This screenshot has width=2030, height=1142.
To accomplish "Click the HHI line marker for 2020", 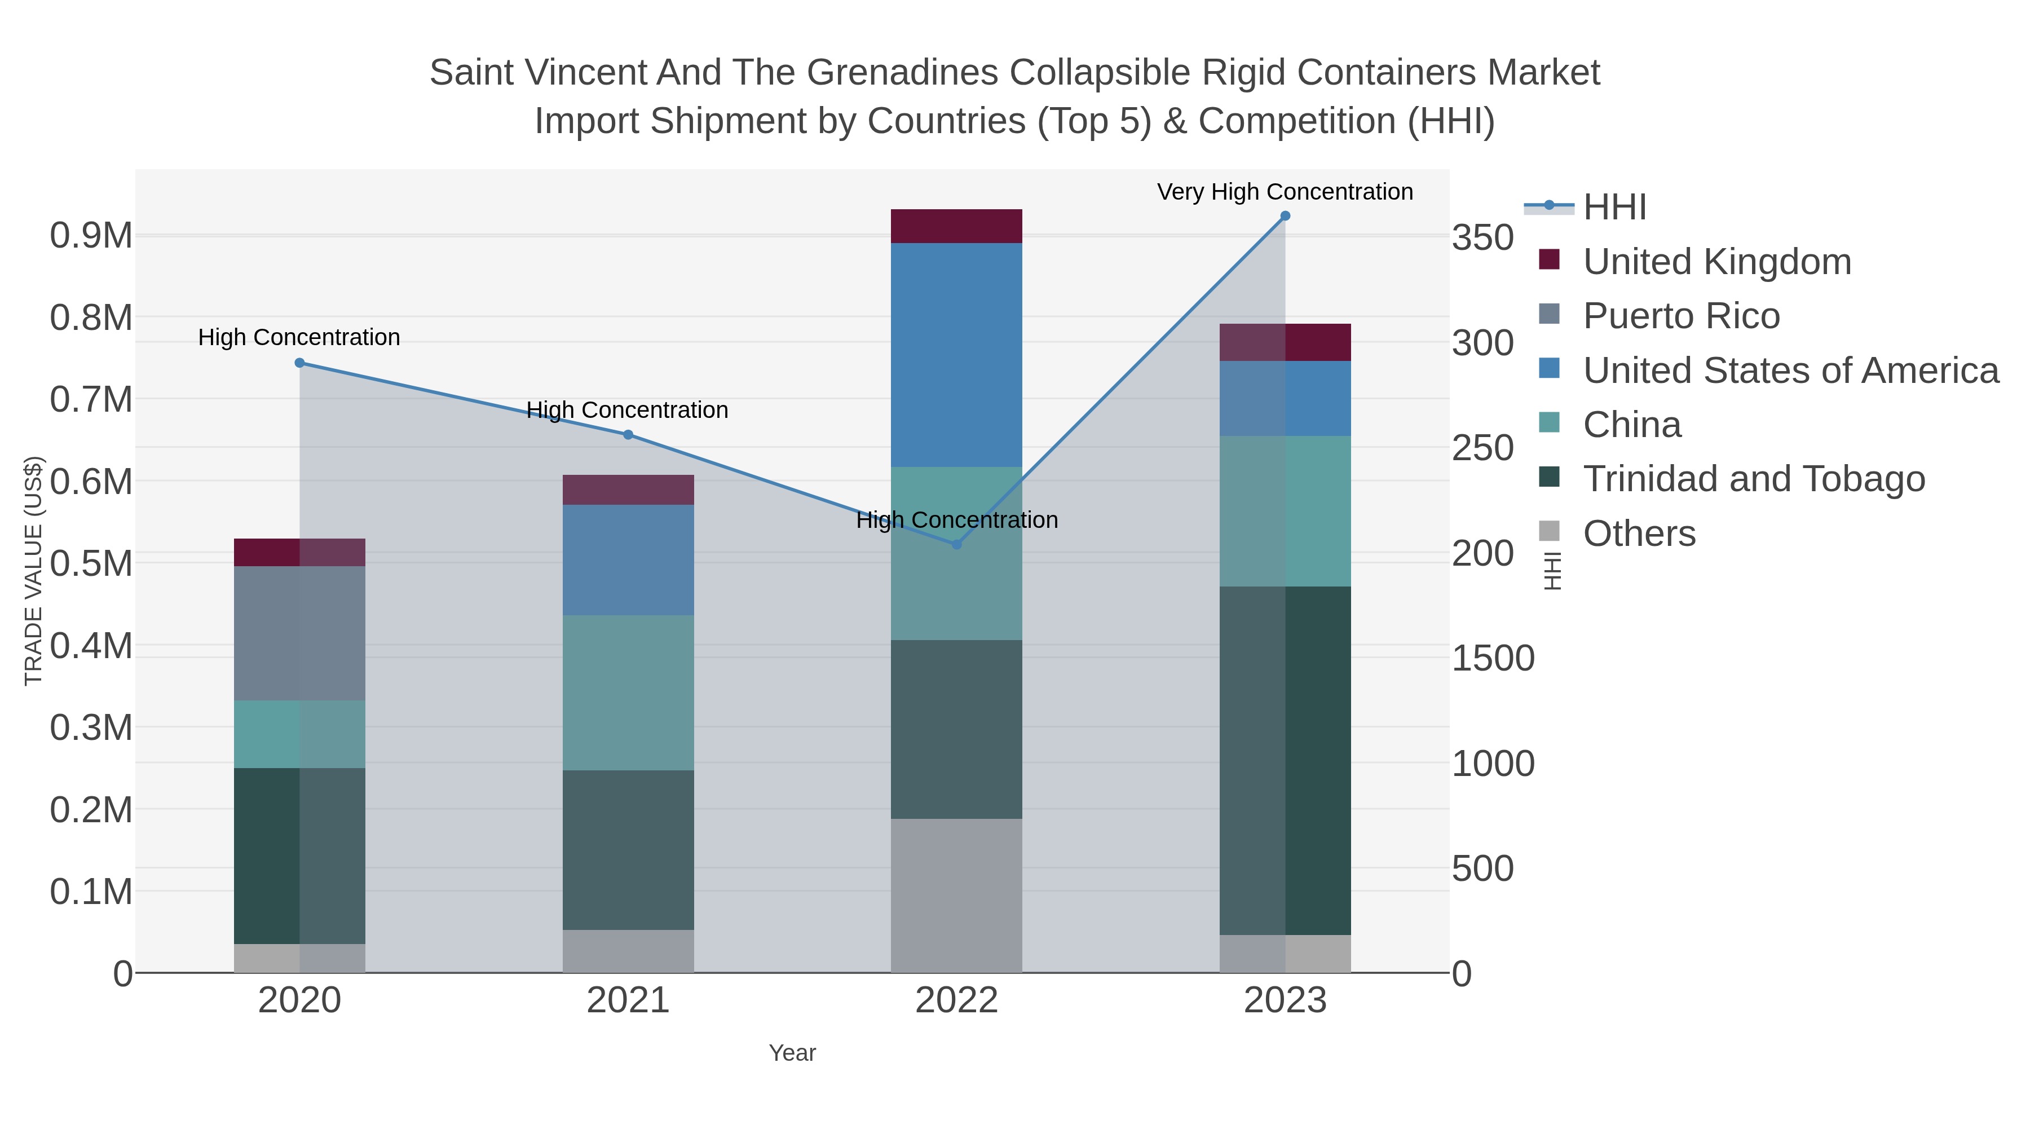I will pos(299,363).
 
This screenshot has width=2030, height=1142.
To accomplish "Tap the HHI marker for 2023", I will pos(1285,216).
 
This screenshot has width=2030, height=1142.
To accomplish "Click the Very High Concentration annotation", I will pos(1285,192).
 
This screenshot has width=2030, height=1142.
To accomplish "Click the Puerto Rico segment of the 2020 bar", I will pos(299,633).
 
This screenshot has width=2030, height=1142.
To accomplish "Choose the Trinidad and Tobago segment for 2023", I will pos(1285,761).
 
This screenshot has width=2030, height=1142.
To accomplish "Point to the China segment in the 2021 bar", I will pos(628,693).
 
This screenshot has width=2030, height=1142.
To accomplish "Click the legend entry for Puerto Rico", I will pos(1681,316).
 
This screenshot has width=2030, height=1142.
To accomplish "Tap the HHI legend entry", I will pos(1614,208).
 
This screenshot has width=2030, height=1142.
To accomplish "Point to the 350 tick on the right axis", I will pos(1483,238).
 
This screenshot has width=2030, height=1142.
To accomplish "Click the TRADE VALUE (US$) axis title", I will pos(33,571).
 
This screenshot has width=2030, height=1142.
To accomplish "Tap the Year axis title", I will pos(792,1053).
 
